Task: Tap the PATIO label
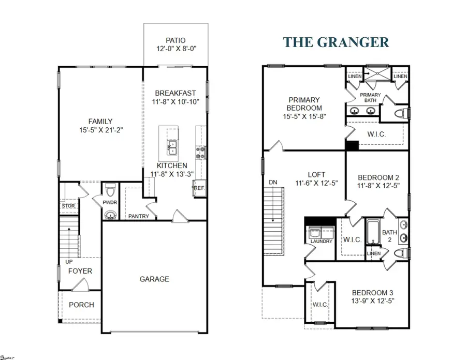pos(176,40)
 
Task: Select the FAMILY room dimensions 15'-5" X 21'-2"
pos(100,132)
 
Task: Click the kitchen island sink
pos(171,147)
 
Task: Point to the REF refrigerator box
pos(199,189)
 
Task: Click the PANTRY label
pos(138,216)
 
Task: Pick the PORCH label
pos(81,305)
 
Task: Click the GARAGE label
pos(154,279)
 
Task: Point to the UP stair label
pos(69,261)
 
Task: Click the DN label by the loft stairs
pos(274,183)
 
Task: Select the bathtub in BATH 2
pos(374,233)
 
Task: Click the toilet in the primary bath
pos(400,113)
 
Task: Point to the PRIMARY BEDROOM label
pos(304,104)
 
